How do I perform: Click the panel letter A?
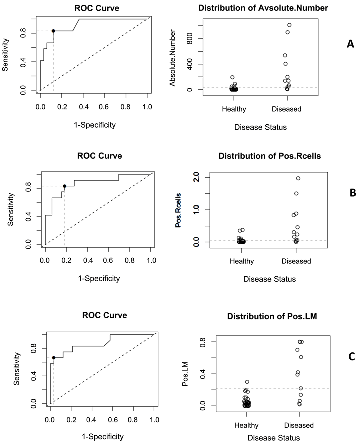pyautogui.click(x=336, y=44)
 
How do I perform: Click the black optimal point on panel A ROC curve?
pyautogui.click(x=53, y=31)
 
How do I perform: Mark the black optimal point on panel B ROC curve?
pyautogui.click(x=65, y=186)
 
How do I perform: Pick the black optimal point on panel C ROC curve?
pyautogui.click(x=54, y=357)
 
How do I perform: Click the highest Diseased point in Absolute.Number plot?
pyautogui.click(x=289, y=25)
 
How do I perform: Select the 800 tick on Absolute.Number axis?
pyautogui.click(x=191, y=38)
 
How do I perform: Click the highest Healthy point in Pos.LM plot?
pyautogui.click(x=247, y=382)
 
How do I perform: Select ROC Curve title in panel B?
pyautogui.click(x=99, y=156)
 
